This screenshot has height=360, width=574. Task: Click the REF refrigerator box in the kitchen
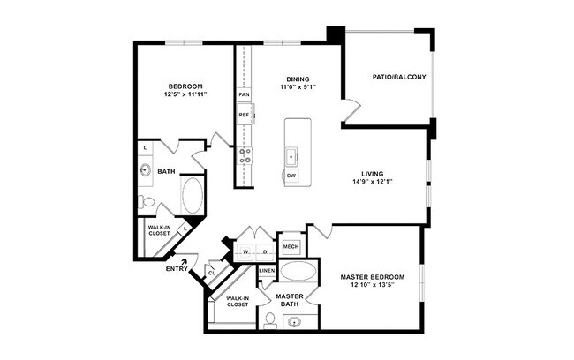click(x=244, y=115)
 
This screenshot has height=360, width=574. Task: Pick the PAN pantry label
click(x=243, y=94)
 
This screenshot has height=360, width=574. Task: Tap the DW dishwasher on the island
click(x=291, y=176)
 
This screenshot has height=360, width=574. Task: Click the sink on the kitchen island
click(x=291, y=155)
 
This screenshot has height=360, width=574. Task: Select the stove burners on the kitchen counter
click(x=245, y=156)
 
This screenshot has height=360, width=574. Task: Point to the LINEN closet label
click(x=267, y=270)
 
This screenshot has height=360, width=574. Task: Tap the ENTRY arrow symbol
click(x=184, y=260)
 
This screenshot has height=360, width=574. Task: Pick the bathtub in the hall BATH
click(x=193, y=195)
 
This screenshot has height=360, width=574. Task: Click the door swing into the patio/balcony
click(x=352, y=113)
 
